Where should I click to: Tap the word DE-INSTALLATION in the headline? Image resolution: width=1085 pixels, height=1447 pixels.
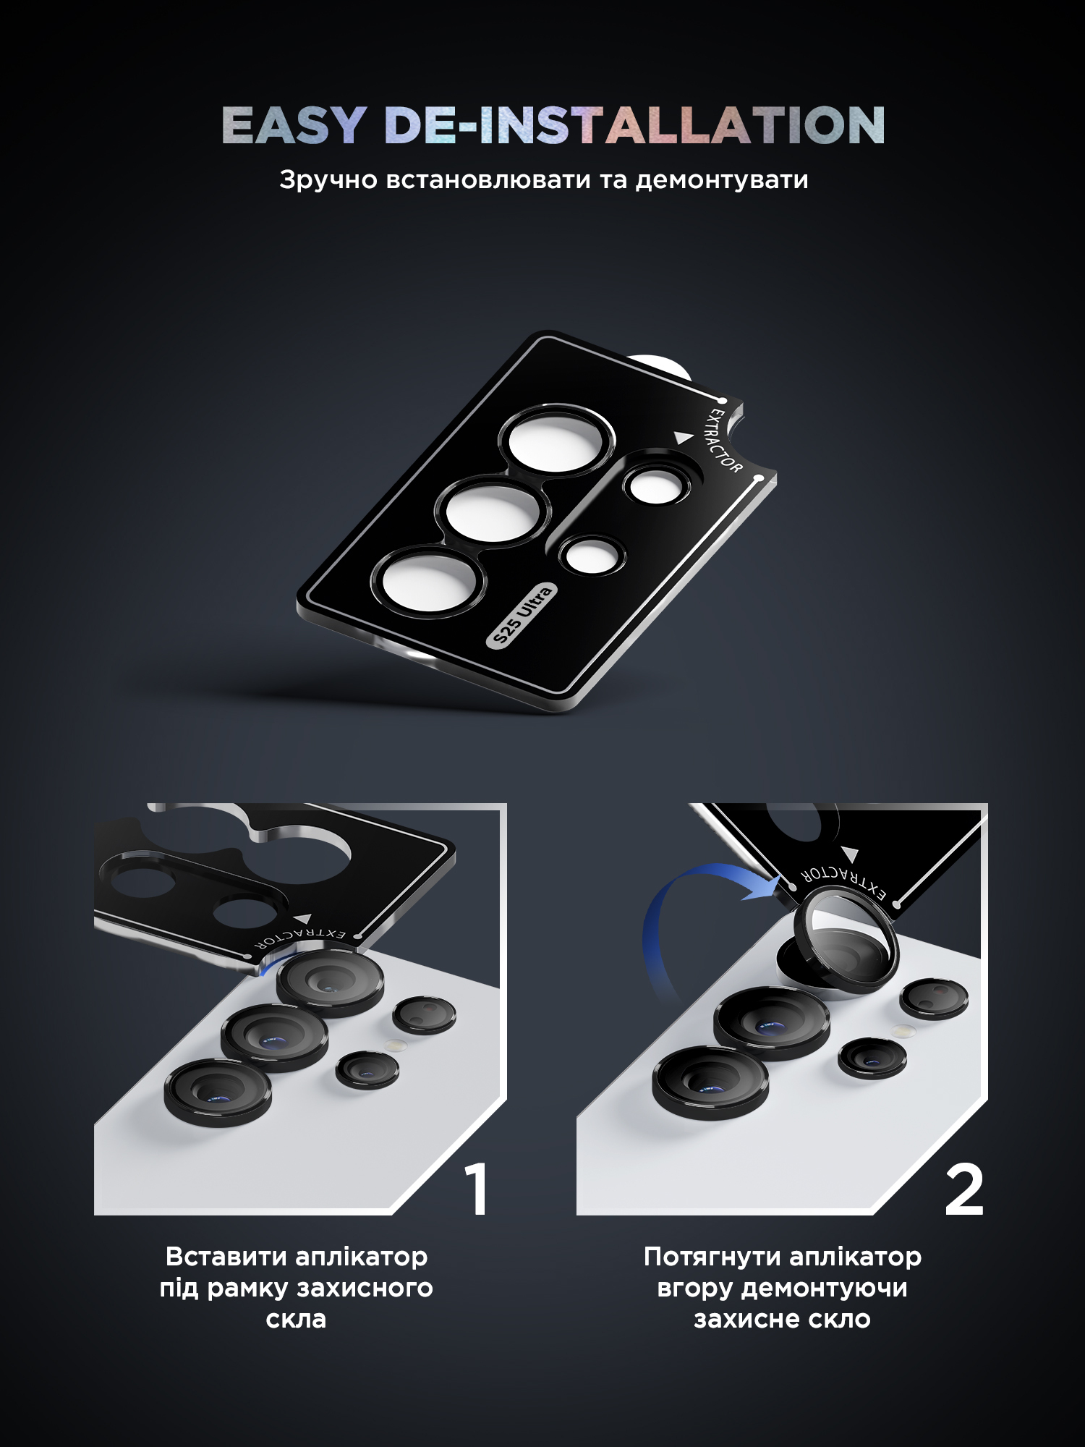tap(635, 125)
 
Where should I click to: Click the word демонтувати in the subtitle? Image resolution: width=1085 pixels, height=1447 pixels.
tap(722, 180)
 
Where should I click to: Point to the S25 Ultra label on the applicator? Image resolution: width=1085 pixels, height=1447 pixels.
tap(522, 615)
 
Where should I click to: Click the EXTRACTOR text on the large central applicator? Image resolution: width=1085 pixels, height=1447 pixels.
tap(724, 441)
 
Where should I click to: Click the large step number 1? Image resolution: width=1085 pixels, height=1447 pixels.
tap(477, 1189)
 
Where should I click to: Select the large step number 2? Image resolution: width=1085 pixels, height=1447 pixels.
tap(964, 1189)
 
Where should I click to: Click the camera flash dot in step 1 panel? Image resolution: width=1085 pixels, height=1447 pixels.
tap(393, 1045)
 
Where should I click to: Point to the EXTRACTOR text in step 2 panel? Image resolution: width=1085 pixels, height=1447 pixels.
tap(843, 882)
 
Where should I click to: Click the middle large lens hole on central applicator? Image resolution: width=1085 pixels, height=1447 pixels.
tap(493, 511)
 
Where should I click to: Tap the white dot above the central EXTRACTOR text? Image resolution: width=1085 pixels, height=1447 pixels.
tap(722, 400)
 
